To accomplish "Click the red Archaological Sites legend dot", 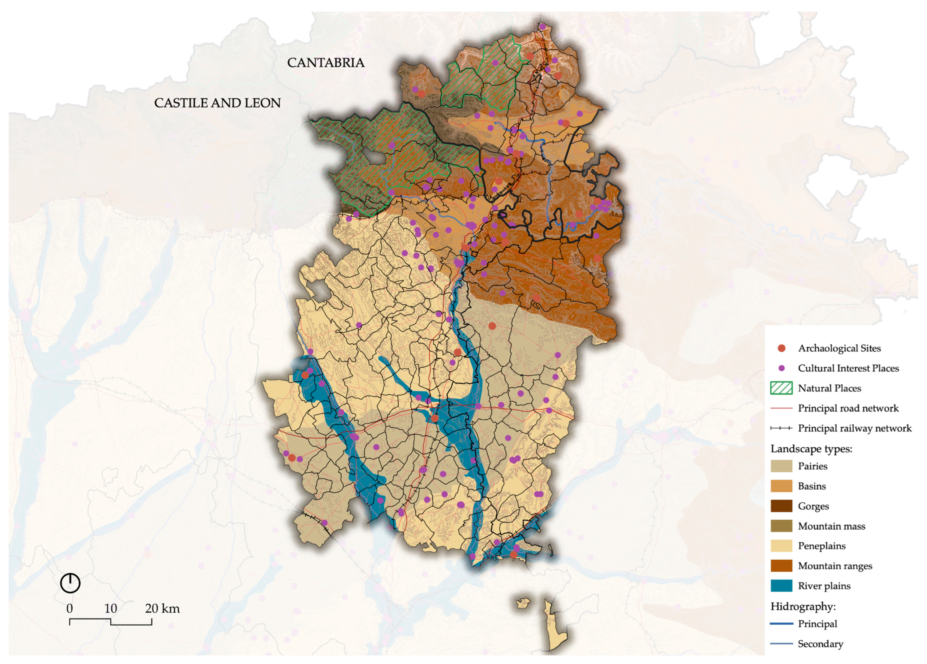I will point(782,348).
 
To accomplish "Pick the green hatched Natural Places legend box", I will point(781,388).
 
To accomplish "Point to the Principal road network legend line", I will point(781,408).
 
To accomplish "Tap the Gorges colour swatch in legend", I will point(781,506).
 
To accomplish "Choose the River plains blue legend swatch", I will point(781,586).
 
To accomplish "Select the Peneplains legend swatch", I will point(781,546).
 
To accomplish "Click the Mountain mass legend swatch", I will point(781,526).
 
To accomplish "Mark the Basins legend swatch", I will point(781,486).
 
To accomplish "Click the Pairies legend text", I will point(812,466).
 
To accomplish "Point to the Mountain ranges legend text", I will point(835,566).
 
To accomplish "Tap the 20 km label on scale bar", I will point(162,608).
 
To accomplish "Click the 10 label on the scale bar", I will point(110,608).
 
